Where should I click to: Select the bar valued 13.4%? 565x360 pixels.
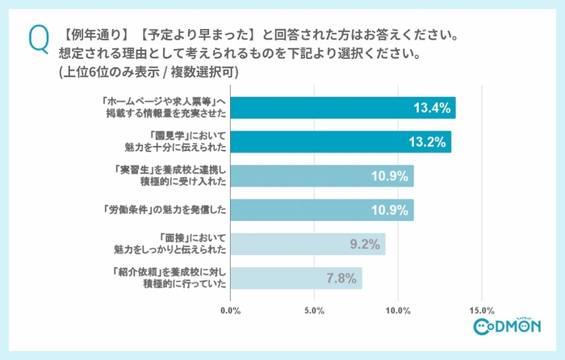(x=343, y=108)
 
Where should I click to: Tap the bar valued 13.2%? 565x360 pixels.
(x=341, y=142)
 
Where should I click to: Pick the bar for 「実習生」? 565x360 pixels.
(x=322, y=176)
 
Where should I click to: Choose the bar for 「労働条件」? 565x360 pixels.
(x=322, y=210)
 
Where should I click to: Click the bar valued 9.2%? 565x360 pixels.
(x=308, y=244)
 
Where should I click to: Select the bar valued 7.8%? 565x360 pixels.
(x=296, y=278)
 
